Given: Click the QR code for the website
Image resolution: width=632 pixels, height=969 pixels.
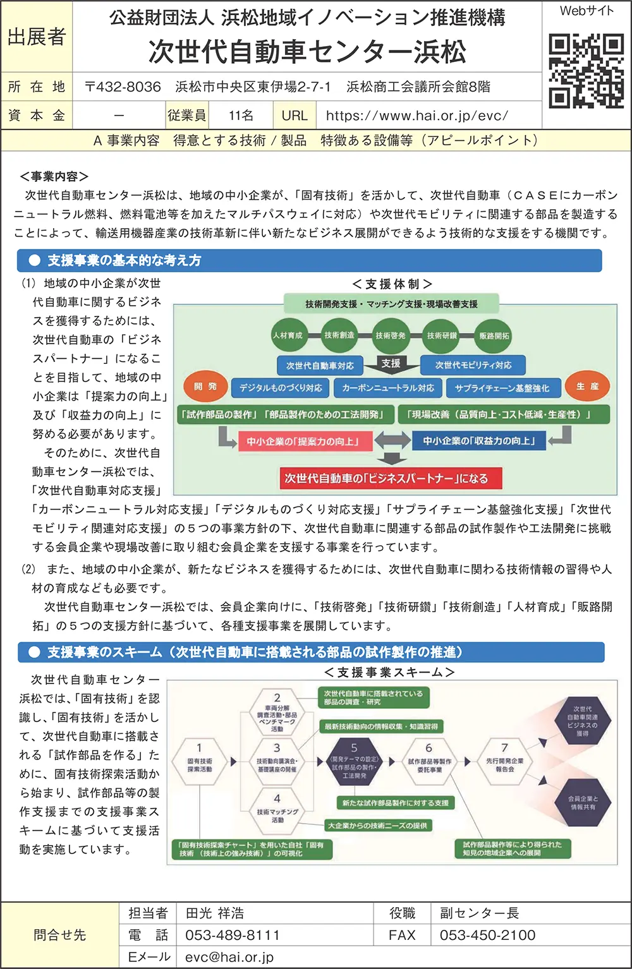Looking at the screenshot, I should pyautogui.click(x=586, y=71).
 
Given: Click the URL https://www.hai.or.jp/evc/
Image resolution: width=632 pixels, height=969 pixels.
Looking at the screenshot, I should pyautogui.click(x=417, y=116).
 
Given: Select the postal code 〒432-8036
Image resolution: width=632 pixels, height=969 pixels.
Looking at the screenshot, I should pyautogui.click(x=123, y=87).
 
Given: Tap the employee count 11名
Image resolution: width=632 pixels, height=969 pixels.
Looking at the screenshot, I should pyautogui.click(x=241, y=116).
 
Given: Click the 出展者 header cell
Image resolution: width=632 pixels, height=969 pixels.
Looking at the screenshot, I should pyautogui.click(x=37, y=37).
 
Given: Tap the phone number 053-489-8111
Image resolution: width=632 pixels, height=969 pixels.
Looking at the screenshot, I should pyautogui.click(x=232, y=935).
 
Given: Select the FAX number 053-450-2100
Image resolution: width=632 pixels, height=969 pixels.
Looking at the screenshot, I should pyautogui.click(x=487, y=935).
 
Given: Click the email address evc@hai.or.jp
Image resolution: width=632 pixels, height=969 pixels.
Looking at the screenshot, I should pyautogui.click(x=229, y=957).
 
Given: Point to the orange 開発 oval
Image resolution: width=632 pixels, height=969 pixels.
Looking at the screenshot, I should pyautogui.click(x=205, y=387).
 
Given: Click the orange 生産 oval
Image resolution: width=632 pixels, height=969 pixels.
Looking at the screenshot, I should pyautogui.click(x=587, y=387).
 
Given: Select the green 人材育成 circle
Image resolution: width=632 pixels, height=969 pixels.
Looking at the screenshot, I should pyautogui.click(x=288, y=335).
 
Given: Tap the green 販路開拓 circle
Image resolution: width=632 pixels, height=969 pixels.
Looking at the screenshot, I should pyautogui.click(x=494, y=336).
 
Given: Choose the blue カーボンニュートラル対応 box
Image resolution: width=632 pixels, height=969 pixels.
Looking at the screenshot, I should pyautogui.click(x=387, y=388).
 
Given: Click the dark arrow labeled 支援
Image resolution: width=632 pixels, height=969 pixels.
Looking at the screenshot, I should pyautogui.click(x=391, y=364).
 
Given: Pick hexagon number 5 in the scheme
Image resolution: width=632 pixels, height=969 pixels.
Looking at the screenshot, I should pyautogui.click(x=354, y=762).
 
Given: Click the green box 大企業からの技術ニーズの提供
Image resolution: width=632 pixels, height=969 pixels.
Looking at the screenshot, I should pyautogui.click(x=378, y=825).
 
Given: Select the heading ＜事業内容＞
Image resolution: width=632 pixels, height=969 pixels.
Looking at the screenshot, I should pyautogui.click(x=54, y=177).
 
